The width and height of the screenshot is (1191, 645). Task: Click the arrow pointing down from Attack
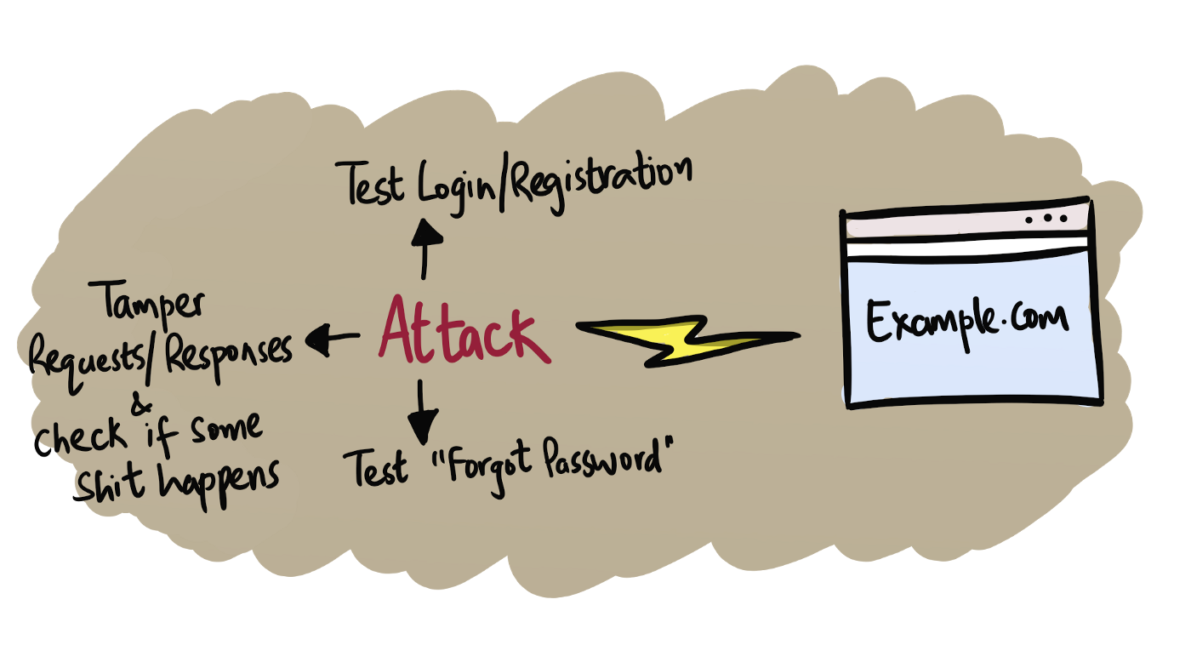coord(422,414)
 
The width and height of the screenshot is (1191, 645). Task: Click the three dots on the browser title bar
coord(1046,219)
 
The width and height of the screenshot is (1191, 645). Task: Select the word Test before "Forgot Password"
coord(374,470)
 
